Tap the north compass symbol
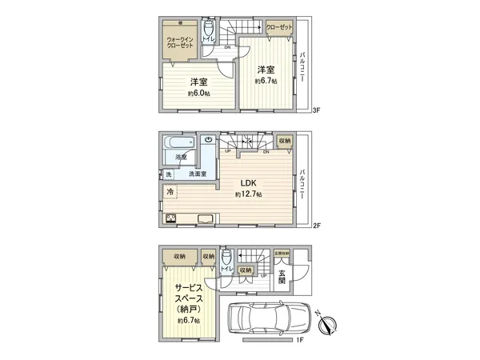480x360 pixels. [329, 323]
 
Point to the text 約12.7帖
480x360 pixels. [248, 194]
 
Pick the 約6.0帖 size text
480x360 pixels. [198, 94]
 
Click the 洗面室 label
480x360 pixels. [198, 174]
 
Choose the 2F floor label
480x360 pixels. [318, 226]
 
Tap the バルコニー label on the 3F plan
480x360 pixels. [303, 70]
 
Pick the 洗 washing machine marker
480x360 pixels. [169, 174]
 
